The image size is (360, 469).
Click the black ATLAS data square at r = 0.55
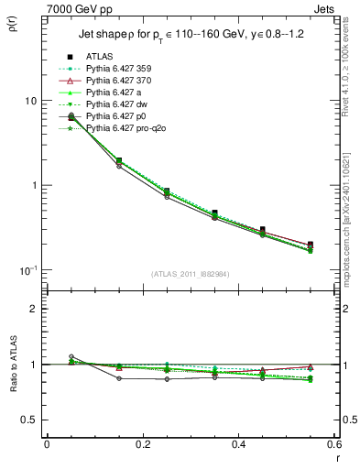(x=311, y=245)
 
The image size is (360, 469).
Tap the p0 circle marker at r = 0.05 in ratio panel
(x=71, y=356)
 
